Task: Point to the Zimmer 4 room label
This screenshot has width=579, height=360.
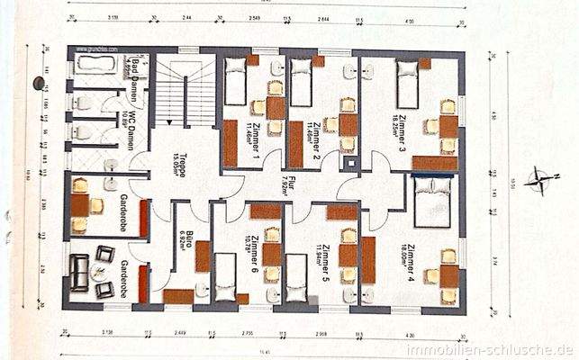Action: pos(411,261)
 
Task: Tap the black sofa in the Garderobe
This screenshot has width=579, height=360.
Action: pos(79,273)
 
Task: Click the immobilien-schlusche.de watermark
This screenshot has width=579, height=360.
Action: pos(490,349)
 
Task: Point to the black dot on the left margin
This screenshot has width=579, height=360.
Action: pos(39,83)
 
